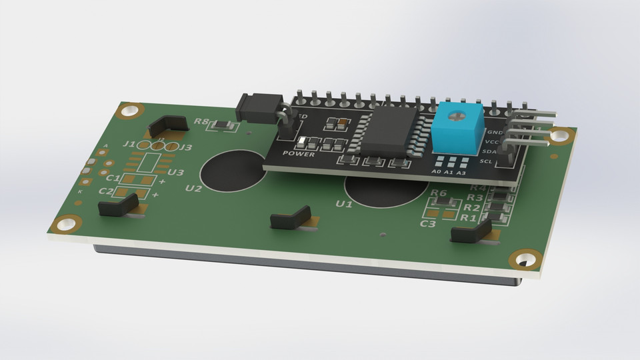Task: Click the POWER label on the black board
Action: (298, 153)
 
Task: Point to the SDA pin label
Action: (487, 151)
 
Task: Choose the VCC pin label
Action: (492, 142)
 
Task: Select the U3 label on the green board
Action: (176, 173)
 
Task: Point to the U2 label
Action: (193, 188)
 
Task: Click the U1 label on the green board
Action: (344, 203)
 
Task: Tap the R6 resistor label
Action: (439, 193)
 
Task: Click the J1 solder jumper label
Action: (130, 144)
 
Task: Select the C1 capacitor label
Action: (113, 179)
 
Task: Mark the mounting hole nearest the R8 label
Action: (131, 111)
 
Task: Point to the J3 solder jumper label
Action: (185, 147)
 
